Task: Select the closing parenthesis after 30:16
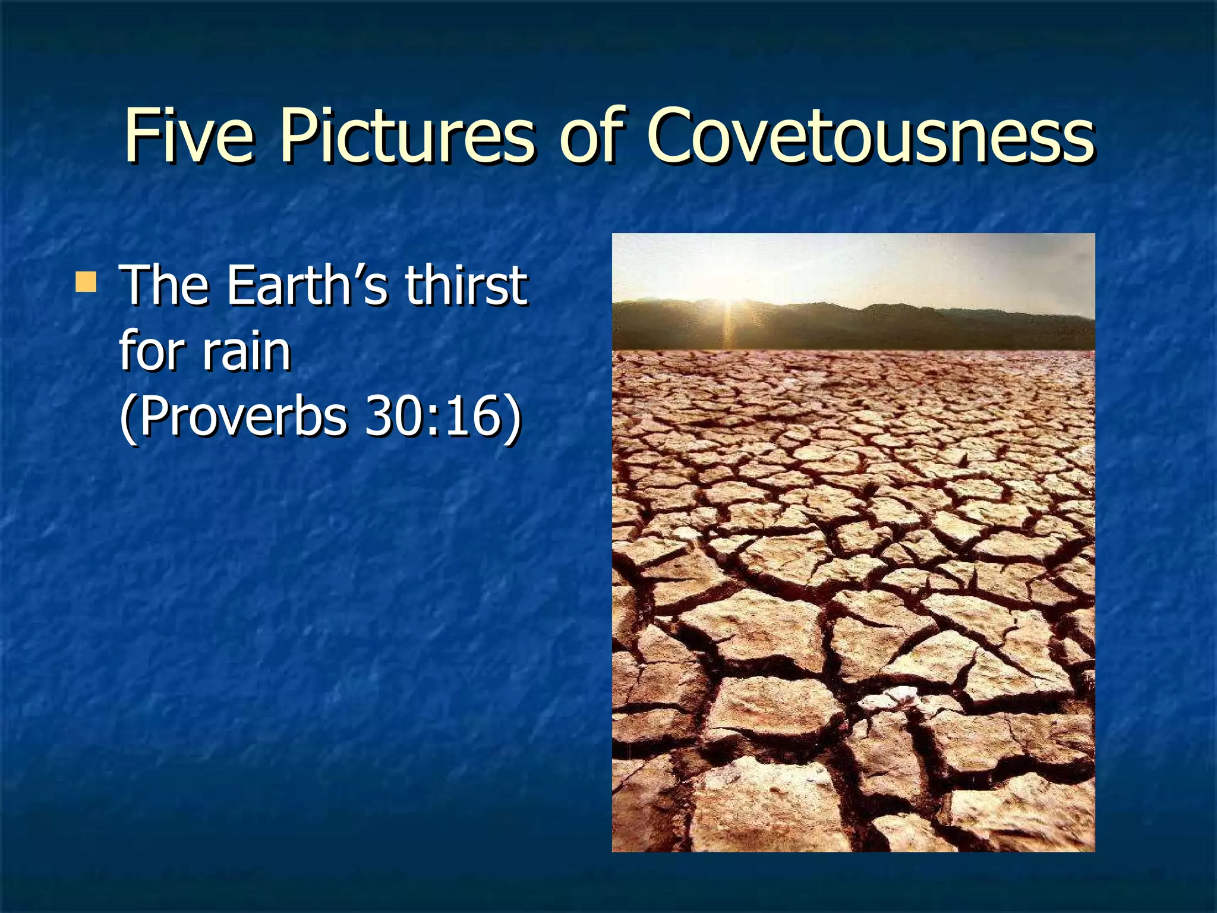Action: pos(512,417)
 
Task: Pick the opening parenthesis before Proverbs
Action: pos(127,417)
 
